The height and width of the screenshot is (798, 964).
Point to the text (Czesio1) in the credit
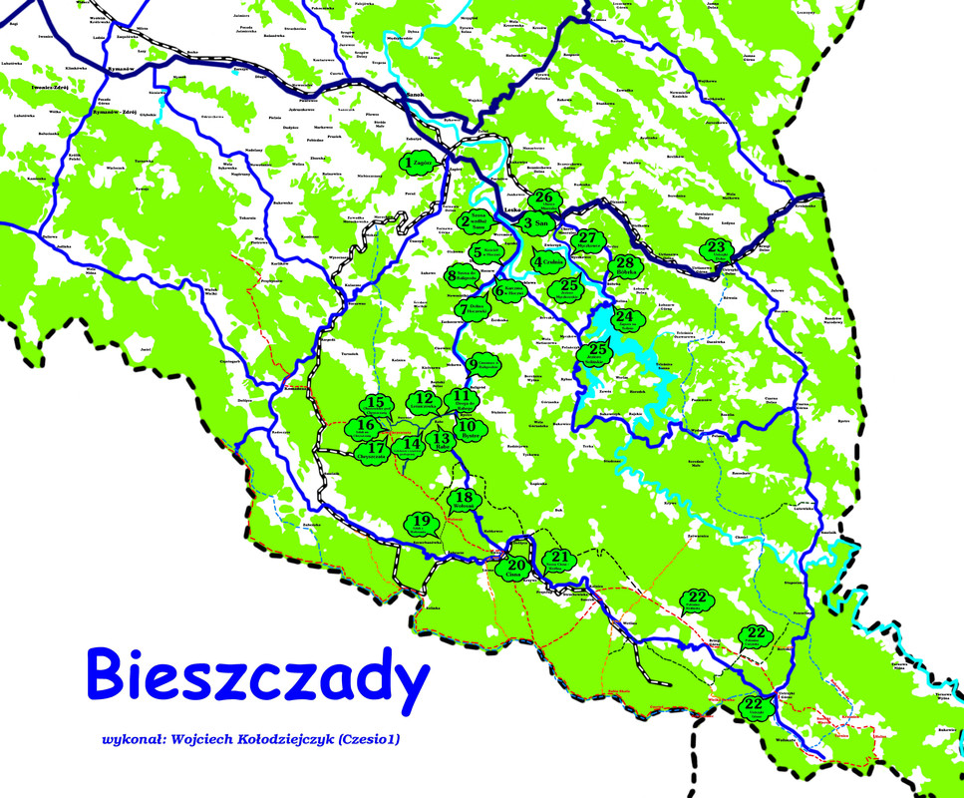[x=377, y=740]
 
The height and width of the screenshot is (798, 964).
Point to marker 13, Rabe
[x=442, y=439]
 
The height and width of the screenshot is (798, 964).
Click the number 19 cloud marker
[x=422, y=523]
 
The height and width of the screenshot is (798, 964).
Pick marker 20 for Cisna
[x=515, y=568]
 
